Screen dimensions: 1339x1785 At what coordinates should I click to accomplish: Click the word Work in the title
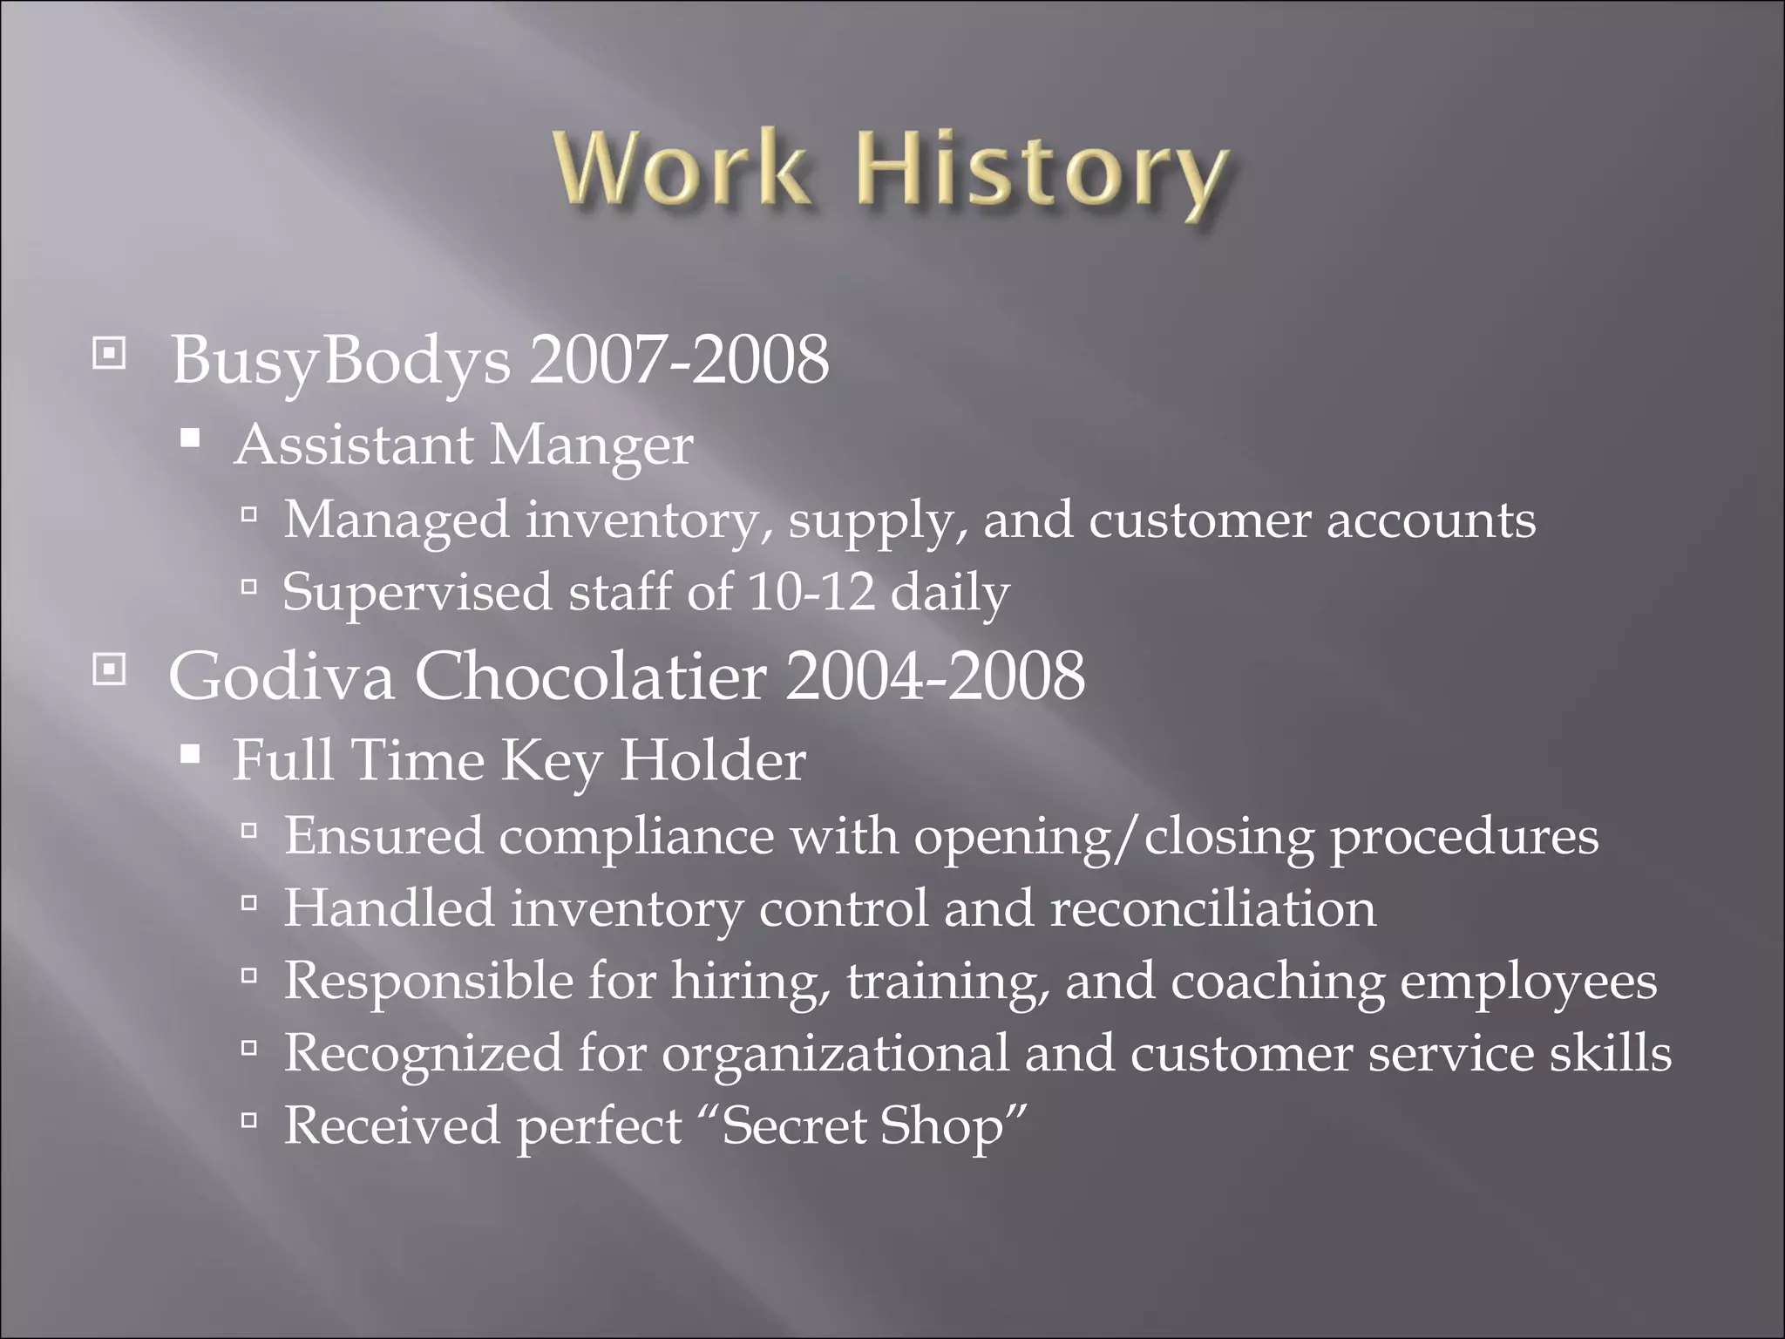point(681,166)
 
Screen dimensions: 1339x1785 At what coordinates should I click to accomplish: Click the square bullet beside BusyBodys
point(109,354)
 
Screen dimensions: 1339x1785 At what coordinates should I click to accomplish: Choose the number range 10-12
point(811,592)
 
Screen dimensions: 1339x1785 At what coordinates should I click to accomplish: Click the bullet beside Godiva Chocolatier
point(109,669)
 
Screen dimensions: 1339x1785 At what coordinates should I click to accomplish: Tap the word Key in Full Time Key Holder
point(551,761)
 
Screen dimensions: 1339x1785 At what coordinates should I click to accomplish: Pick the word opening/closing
point(1113,836)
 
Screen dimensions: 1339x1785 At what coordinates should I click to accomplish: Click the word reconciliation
point(1212,908)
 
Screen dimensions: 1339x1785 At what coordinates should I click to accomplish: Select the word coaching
point(1277,981)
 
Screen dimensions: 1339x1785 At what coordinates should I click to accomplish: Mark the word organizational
point(834,1053)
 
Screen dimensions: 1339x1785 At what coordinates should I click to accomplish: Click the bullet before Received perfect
point(249,1119)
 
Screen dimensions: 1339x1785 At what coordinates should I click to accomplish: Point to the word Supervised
point(417,592)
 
